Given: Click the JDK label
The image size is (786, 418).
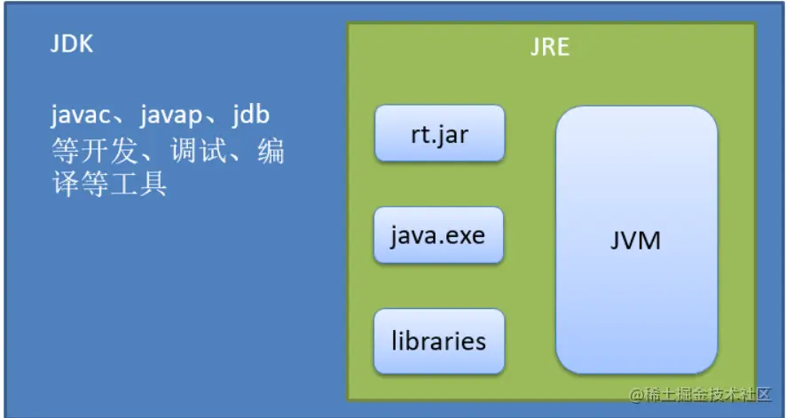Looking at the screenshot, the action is [72, 44].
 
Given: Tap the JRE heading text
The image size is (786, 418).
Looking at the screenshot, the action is [550, 48].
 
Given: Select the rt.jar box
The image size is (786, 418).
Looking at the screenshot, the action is [440, 133].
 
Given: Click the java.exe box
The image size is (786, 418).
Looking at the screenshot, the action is [438, 235].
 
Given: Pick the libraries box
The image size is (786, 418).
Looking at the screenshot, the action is [439, 342].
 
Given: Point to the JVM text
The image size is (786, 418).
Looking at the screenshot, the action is [635, 241].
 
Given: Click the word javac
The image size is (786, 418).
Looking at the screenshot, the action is [81, 115].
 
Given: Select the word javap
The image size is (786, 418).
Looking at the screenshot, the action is [171, 115].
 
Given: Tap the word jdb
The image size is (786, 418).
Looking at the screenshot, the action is [251, 114].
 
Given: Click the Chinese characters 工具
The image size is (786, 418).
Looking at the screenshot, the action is [138, 185].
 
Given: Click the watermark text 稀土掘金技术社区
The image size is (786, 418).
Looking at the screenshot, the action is [707, 394].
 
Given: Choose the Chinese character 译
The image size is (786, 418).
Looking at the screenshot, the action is [65, 185].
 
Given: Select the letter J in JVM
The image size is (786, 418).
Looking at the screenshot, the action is [615, 241].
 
